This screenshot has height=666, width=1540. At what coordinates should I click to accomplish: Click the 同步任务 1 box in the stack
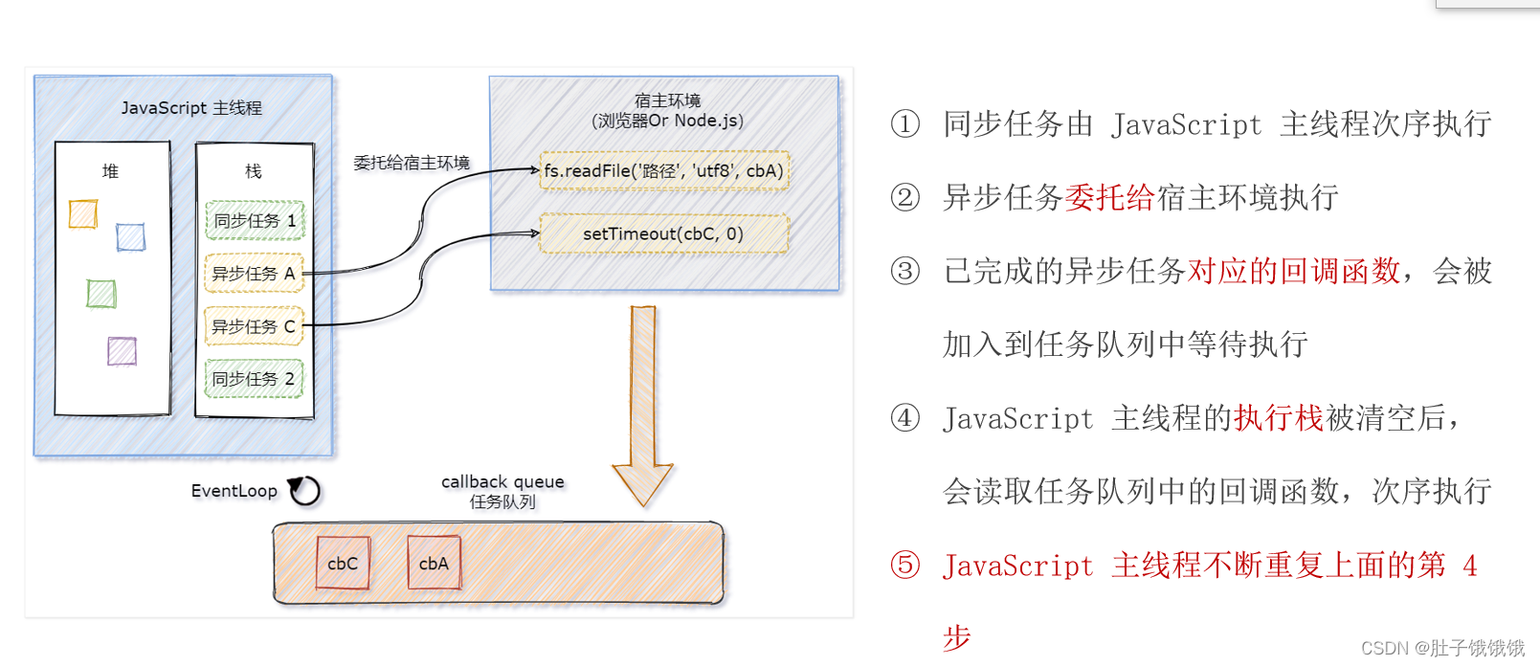click(254, 220)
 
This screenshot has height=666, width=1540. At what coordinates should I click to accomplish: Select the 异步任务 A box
click(254, 274)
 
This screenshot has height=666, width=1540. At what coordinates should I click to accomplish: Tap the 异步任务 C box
click(254, 326)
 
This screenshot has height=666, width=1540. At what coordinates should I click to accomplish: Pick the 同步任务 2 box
click(254, 379)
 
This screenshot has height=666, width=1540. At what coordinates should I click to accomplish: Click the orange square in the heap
click(83, 213)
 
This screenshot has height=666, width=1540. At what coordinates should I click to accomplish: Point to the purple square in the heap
click(122, 351)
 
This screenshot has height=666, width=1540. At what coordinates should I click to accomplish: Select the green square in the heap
click(100, 294)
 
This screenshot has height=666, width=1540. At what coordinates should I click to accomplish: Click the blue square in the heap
click(130, 236)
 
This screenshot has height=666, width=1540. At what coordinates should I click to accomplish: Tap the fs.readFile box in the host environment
click(664, 171)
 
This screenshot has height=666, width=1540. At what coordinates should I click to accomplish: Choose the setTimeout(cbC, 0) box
click(664, 233)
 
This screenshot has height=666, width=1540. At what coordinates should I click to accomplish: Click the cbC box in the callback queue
click(343, 564)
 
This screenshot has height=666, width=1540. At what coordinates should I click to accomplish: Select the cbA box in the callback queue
click(434, 564)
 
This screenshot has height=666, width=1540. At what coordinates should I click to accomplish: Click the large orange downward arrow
click(643, 402)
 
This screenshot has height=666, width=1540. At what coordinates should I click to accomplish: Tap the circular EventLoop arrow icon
click(305, 491)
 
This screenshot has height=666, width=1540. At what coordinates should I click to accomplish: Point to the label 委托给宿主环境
click(412, 163)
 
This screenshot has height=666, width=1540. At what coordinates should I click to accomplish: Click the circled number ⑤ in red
click(904, 565)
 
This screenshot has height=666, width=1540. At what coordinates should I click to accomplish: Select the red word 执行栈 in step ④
click(1279, 418)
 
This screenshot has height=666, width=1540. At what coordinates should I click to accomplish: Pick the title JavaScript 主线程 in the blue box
click(191, 108)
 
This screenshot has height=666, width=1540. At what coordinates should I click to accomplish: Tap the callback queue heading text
click(502, 482)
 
